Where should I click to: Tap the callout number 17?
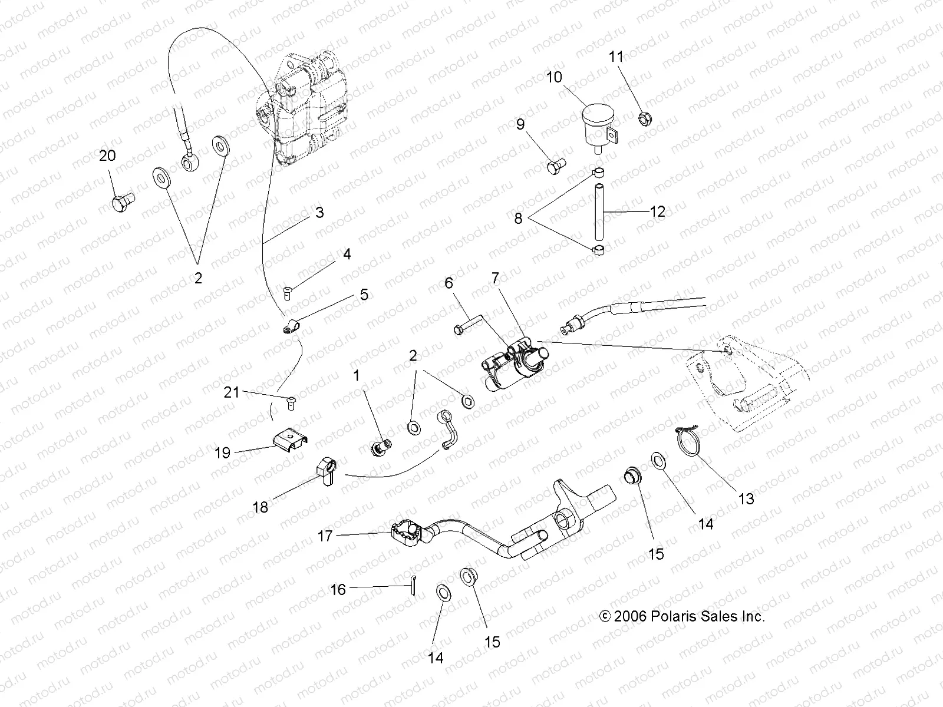coord(325,536)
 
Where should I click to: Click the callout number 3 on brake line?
coord(319,212)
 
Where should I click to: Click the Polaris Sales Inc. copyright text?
coord(682,616)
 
